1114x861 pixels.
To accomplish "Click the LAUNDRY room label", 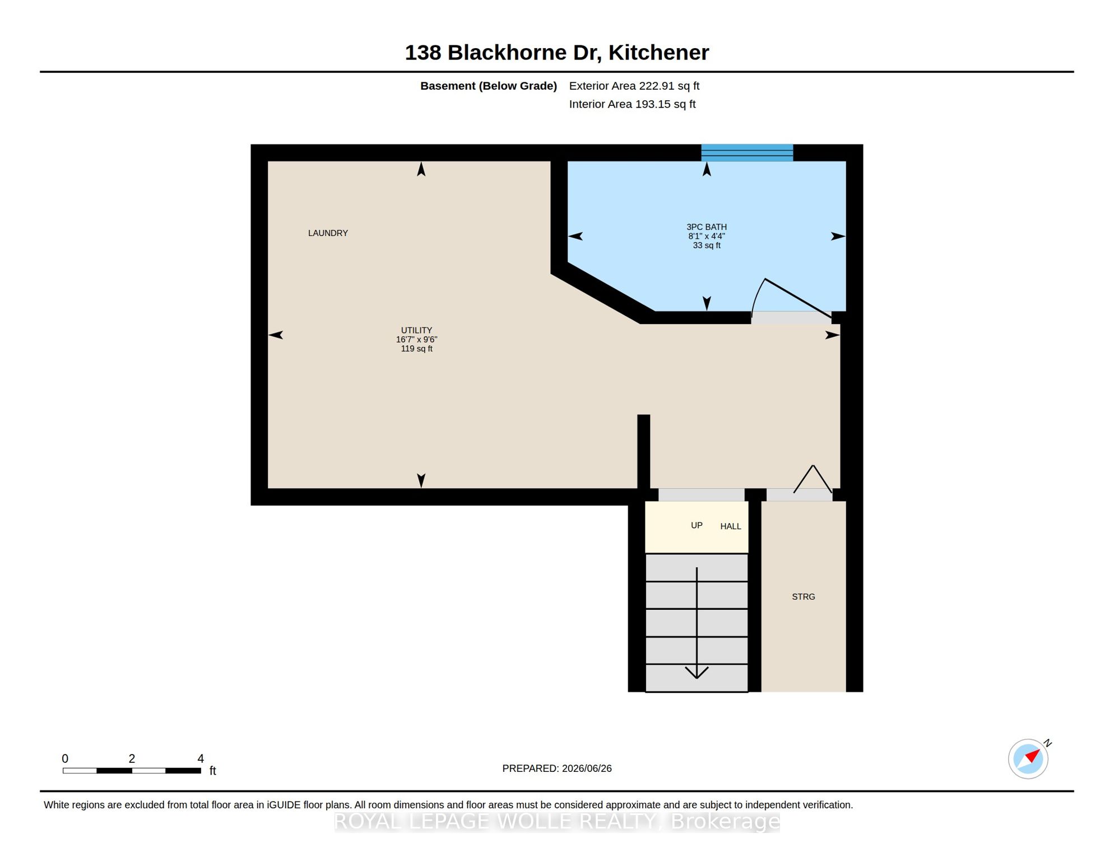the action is click(328, 233).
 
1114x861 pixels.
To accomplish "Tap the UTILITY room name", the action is click(416, 330).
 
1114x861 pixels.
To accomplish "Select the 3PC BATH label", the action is click(707, 227).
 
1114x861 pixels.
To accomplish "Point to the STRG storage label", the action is click(803, 597).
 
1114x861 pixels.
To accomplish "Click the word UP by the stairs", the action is click(697, 525).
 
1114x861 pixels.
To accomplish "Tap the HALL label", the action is click(731, 526).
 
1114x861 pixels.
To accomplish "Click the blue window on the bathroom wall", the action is click(747, 152).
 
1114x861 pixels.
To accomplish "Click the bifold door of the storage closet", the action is click(813, 479).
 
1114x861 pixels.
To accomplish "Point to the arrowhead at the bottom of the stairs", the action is click(697, 672).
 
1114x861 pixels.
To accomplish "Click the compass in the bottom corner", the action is click(1028, 759).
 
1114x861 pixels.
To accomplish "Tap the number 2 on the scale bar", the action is click(132, 758).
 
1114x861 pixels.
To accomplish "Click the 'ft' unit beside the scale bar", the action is click(213, 771).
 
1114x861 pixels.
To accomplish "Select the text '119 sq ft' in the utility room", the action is click(416, 349).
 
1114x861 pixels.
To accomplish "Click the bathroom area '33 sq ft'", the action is click(707, 246).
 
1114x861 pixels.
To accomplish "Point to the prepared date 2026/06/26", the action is click(587, 769).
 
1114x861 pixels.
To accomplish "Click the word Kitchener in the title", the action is click(658, 53).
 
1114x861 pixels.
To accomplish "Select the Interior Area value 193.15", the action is click(652, 104).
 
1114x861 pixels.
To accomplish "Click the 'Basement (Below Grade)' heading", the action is click(489, 86).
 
